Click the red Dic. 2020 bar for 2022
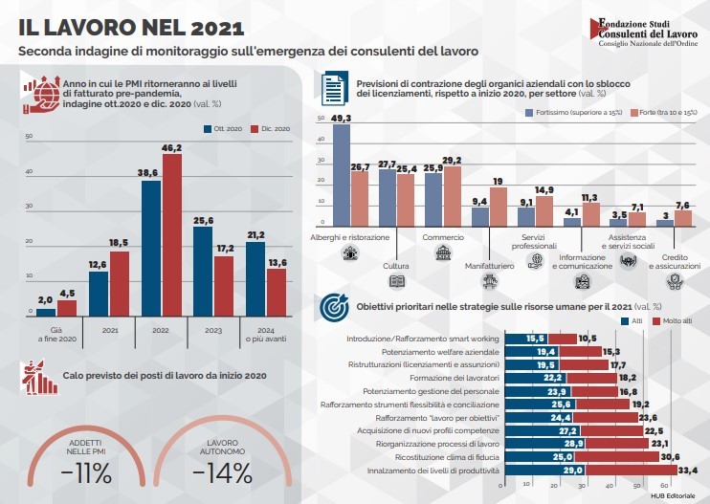coord(172,235)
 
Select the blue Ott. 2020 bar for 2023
coord(203,272)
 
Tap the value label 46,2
coord(172,148)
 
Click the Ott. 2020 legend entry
coord(223,129)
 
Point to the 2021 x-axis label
coord(110,330)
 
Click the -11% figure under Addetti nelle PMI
coord(86,473)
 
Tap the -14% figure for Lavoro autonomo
coord(222,473)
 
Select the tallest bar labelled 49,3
coord(342,175)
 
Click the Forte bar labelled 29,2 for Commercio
coord(453,196)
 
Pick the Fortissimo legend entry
coord(573,112)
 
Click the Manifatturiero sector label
coord(490,266)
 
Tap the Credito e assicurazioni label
coord(675,261)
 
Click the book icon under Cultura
coord(397,281)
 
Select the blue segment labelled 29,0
coord(544,471)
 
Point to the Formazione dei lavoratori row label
coord(455,378)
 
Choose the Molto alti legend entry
coord(672,321)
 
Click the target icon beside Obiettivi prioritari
coord(334,307)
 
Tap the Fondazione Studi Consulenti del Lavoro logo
coord(643,32)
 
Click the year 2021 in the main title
coord(218,28)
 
